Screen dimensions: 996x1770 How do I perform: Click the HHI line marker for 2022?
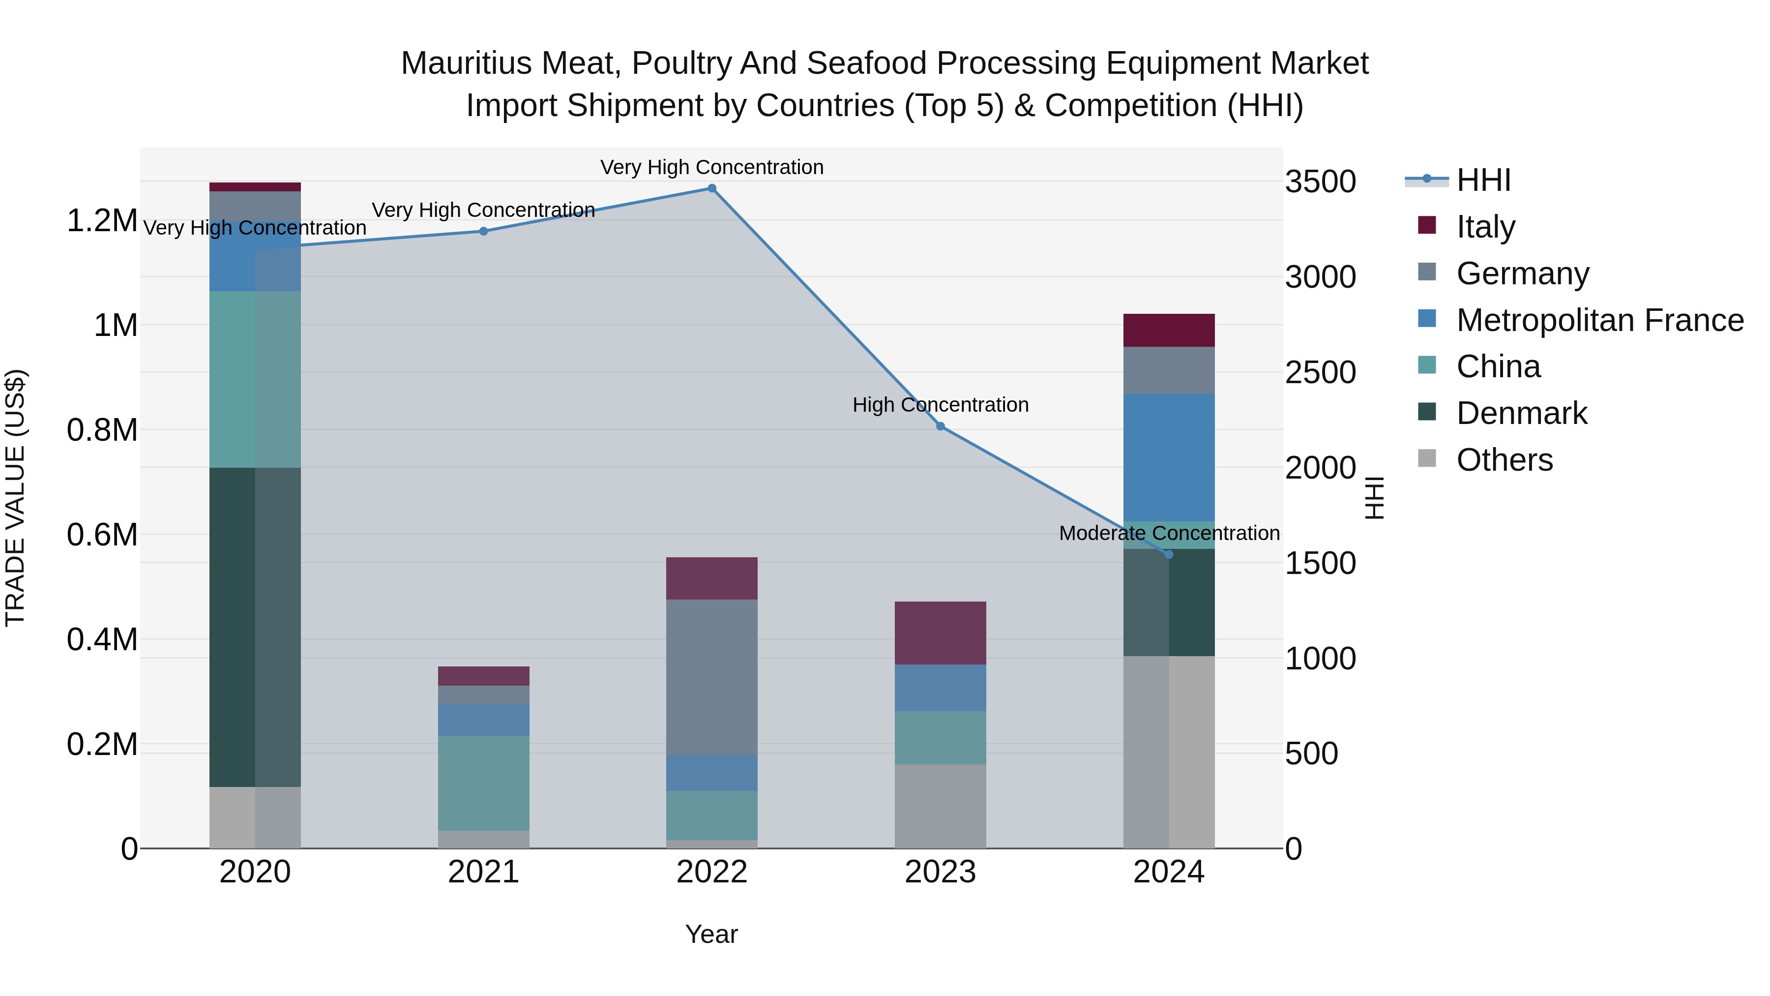(712, 188)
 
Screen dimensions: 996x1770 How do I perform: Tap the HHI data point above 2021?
(483, 232)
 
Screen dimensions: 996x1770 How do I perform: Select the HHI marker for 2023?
(941, 426)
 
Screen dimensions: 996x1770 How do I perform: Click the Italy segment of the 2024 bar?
(1169, 330)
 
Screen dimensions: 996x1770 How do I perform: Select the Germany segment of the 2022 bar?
(712, 677)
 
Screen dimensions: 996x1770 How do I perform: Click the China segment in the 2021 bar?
(483, 783)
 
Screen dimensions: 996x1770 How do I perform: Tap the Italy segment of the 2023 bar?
(941, 633)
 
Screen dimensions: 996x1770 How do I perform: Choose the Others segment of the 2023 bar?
(941, 806)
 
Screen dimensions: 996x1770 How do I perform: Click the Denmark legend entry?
(1521, 413)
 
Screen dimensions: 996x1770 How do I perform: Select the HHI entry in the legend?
(1483, 180)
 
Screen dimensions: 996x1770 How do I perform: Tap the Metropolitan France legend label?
(1599, 320)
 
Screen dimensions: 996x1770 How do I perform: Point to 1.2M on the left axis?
(102, 221)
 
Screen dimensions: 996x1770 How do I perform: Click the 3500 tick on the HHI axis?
(1320, 182)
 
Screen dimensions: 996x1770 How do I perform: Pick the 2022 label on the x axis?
(712, 872)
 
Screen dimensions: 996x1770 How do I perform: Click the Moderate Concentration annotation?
(1169, 533)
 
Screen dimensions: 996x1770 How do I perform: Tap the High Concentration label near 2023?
(941, 405)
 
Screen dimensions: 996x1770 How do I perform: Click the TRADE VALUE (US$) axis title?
(15, 498)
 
